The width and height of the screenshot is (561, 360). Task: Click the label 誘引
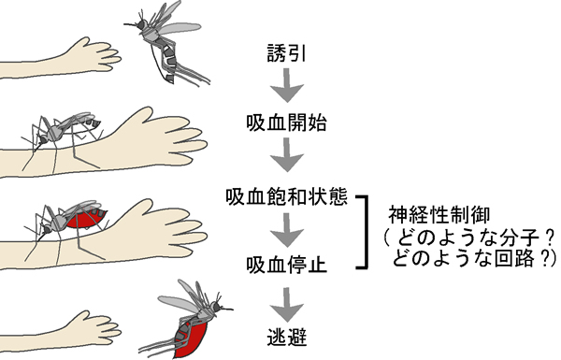[287, 53]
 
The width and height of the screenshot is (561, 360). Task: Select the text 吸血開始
[287, 122]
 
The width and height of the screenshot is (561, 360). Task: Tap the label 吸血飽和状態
[287, 196]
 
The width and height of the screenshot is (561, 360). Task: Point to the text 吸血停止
[287, 266]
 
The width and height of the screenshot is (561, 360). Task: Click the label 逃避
[287, 337]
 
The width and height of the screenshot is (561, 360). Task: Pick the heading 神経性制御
[439, 215]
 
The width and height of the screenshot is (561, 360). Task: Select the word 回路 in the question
[514, 258]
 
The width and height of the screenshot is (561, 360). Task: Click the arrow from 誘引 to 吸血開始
[287, 85]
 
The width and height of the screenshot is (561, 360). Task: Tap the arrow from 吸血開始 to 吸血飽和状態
[287, 155]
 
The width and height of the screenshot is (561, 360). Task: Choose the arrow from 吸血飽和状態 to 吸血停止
[287, 230]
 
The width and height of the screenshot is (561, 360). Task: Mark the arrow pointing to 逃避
[287, 305]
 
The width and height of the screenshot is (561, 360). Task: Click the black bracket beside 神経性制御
[366, 232]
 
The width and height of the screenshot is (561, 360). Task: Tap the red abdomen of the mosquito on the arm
[86, 219]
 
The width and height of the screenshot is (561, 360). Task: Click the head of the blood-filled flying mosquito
[216, 307]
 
